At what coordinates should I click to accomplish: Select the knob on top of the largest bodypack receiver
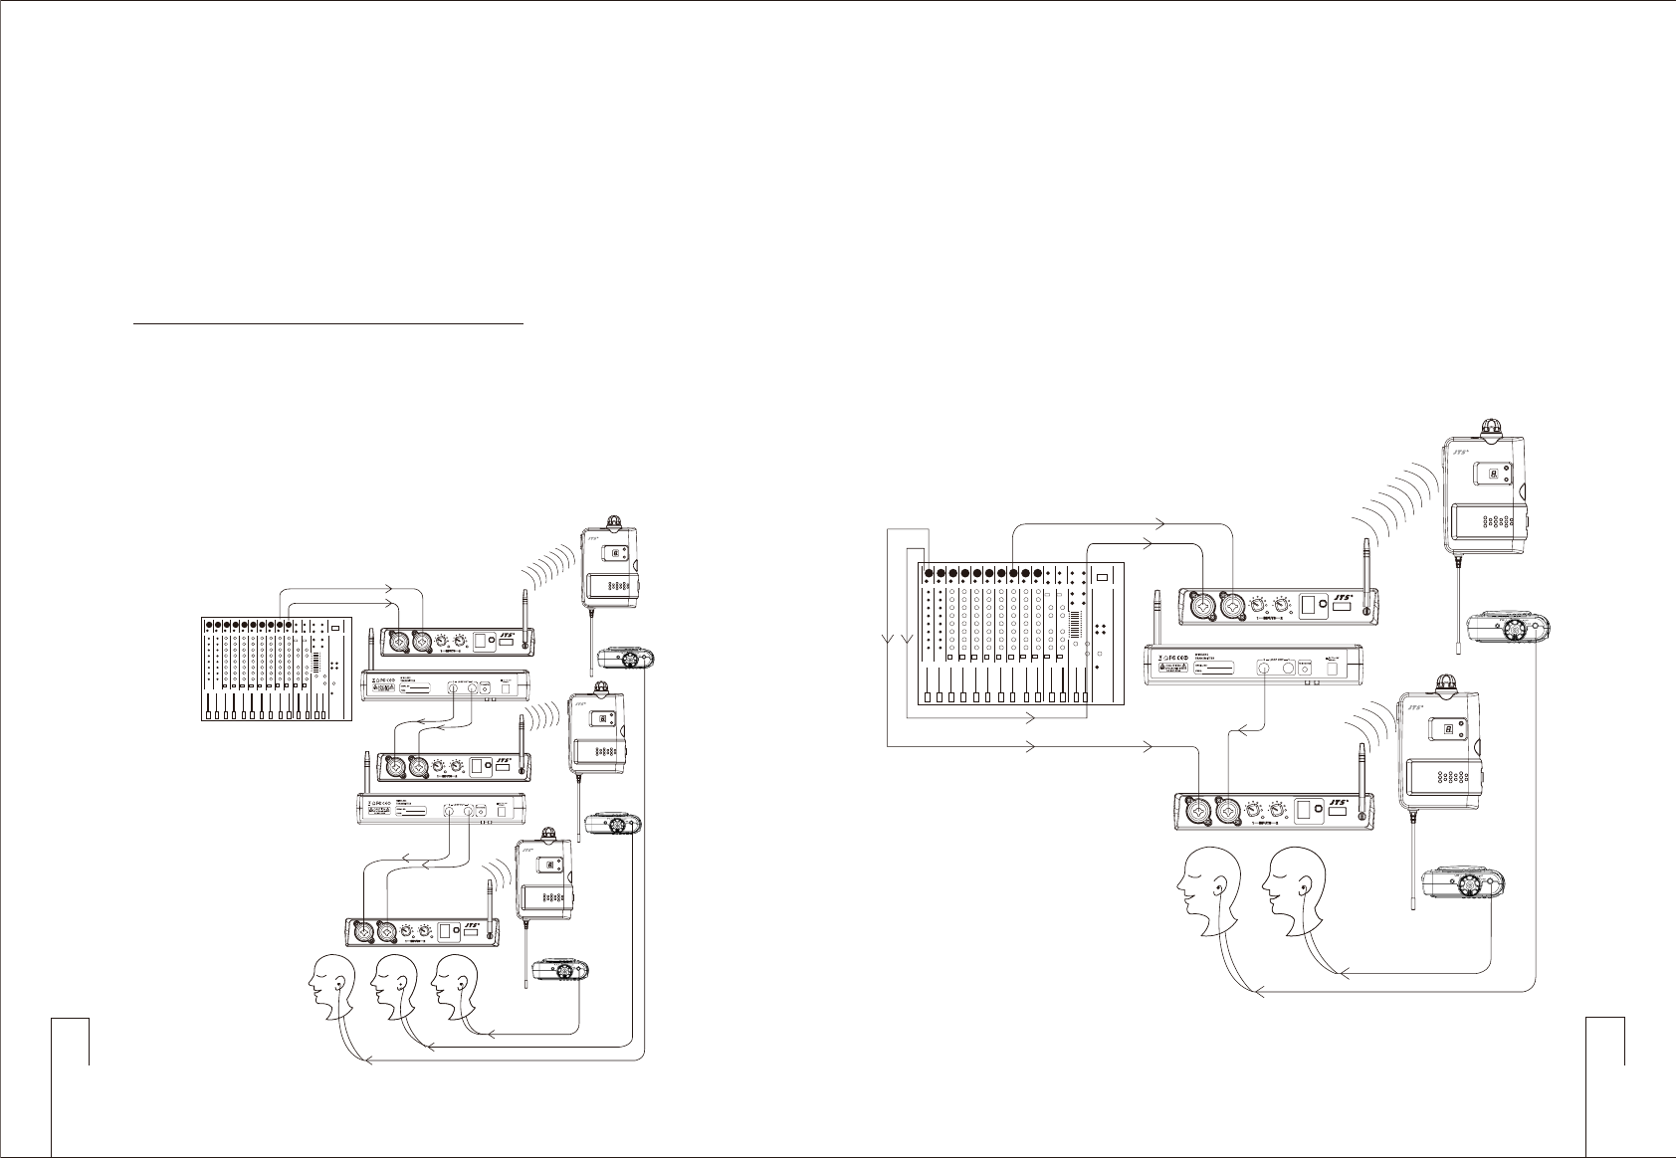[x=1490, y=428]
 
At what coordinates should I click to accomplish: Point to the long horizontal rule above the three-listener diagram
[x=328, y=323]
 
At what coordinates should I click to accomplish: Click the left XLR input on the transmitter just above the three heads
[x=364, y=932]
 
